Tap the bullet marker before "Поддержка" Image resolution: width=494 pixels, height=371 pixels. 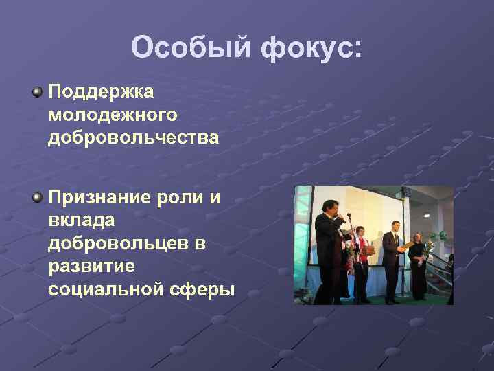(x=37, y=91)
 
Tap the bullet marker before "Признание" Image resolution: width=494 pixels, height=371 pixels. (x=37, y=199)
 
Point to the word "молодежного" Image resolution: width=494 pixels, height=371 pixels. (x=113, y=115)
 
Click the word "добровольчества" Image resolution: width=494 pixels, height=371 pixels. (x=134, y=137)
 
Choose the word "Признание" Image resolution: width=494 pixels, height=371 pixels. (x=97, y=199)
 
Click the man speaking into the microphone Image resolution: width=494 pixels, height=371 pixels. (x=328, y=247)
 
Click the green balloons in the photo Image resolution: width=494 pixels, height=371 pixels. (x=438, y=237)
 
